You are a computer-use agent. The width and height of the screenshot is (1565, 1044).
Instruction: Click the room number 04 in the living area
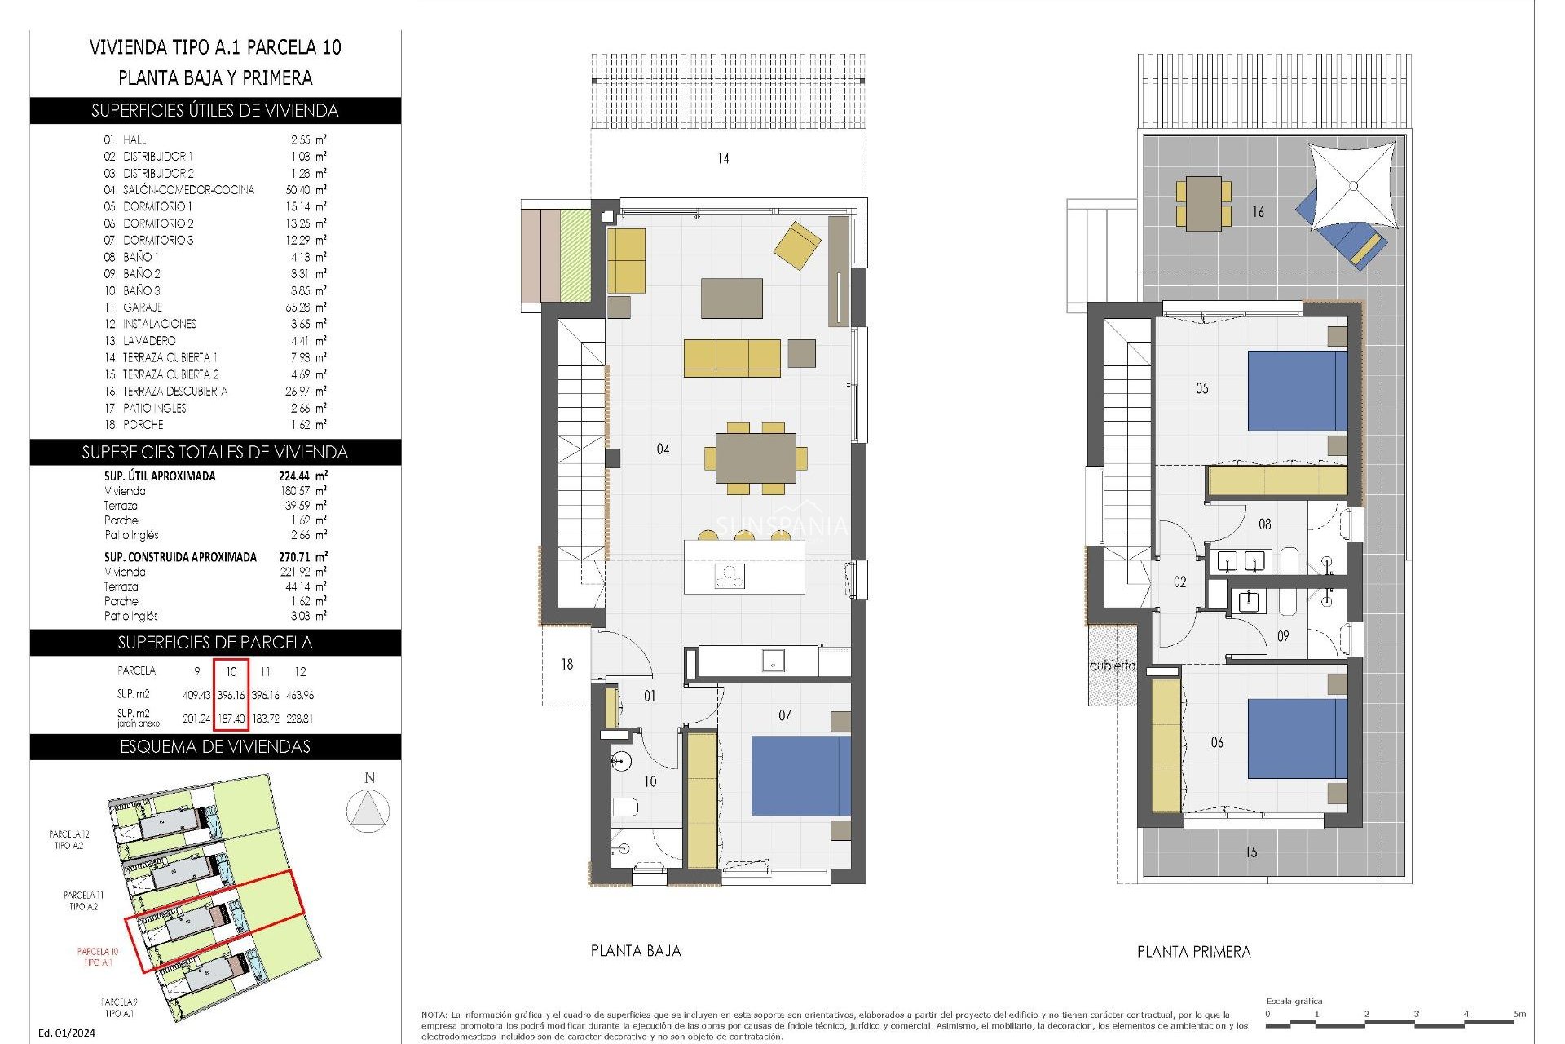click(663, 449)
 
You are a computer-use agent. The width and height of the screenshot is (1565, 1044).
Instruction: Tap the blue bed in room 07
click(800, 776)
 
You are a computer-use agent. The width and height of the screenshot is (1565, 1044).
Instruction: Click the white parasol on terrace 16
click(1352, 186)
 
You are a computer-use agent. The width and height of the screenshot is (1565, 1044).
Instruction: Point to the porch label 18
click(567, 665)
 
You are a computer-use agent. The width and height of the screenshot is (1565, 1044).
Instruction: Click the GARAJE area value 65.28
click(301, 307)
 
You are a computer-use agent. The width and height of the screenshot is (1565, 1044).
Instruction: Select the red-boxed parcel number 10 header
click(231, 671)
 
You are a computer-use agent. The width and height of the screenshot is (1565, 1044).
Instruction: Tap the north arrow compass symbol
click(368, 811)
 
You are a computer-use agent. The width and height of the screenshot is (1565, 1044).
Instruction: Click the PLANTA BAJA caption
click(636, 951)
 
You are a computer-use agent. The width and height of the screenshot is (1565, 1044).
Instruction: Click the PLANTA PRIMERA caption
click(1193, 952)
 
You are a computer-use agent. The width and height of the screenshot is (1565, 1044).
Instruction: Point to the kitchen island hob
click(730, 576)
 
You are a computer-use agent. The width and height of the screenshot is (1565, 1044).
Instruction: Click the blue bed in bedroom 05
click(1296, 391)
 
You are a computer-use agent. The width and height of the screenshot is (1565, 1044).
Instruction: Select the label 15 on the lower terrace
click(1250, 852)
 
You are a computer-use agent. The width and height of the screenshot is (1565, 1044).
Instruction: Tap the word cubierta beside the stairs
click(1112, 666)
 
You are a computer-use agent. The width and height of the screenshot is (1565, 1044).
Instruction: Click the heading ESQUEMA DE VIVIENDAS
click(215, 747)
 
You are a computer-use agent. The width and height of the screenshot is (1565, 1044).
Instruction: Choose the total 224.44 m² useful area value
click(302, 476)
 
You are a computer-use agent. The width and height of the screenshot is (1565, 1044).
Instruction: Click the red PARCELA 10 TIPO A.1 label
click(98, 957)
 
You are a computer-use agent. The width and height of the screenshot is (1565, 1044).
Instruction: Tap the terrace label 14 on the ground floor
click(723, 158)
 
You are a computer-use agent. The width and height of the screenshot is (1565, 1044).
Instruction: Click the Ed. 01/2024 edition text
click(67, 1033)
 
